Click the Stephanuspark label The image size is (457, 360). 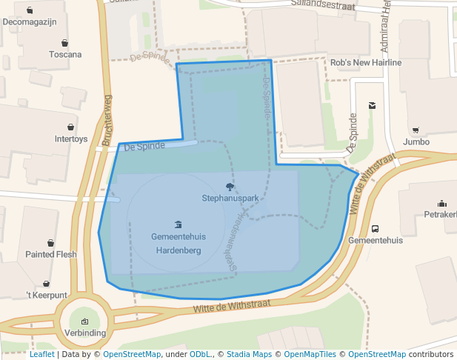(x=230, y=199)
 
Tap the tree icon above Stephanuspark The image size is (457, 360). (x=230, y=187)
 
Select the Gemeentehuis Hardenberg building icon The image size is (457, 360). (x=178, y=224)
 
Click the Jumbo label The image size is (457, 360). (x=416, y=141)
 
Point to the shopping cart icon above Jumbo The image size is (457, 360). (x=416, y=130)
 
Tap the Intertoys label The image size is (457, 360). (x=71, y=139)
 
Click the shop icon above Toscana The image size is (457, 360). (x=65, y=42)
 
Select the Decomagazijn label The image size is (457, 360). (x=30, y=21)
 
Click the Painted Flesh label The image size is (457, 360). (x=51, y=254)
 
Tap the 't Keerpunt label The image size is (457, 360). (x=47, y=295)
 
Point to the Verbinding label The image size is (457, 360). (x=84, y=333)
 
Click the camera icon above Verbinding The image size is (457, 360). (x=84, y=321)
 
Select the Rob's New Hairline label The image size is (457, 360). (x=366, y=63)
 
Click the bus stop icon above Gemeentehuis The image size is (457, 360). (x=375, y=229)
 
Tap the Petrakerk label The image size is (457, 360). (x=440, y=215)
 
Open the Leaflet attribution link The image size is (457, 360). (x=41, y=354)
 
